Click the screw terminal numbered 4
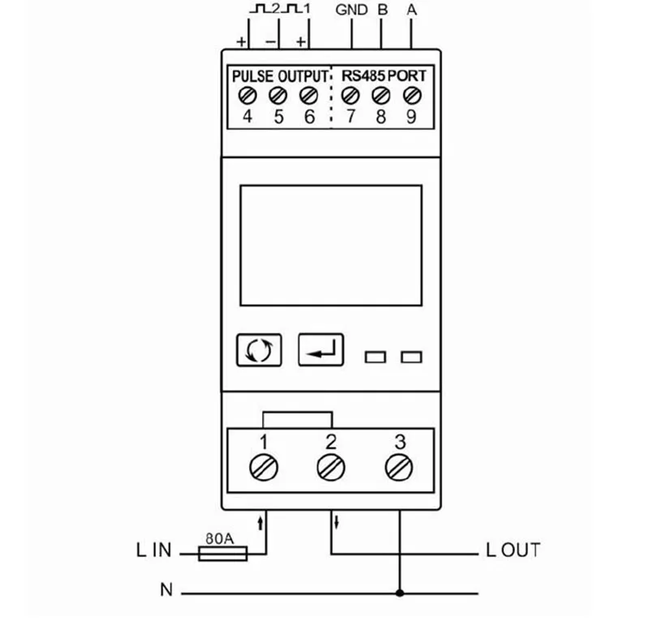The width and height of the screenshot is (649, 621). click(247, 96)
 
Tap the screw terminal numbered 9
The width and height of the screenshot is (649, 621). click(412, 96)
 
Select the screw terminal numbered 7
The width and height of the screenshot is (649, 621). click(350, 96)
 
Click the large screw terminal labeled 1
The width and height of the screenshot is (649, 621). click(264, 468)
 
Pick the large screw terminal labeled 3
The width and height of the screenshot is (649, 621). click(399, 468)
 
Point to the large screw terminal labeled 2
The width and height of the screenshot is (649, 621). click(331, 468)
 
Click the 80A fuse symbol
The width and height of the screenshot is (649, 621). click(223, 554)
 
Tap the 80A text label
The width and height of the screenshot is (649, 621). click(220, 538)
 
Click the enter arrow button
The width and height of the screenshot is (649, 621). click(320, 349)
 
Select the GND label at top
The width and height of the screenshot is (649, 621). click(351, 10)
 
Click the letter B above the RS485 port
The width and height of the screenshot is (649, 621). click(383, 10)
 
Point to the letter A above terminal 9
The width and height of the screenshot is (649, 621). click(411, 10)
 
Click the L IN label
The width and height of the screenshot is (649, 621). click(153, 550)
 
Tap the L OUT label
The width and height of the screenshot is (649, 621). click(514, 550)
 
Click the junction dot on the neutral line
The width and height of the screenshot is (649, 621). click(399, 593)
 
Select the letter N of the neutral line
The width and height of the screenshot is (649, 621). click(166, 589)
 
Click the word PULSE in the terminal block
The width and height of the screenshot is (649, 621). click(252, 76)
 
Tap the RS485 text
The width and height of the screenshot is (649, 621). click(363, 75)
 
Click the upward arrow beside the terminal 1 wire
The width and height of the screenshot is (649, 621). click(260, 523)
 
